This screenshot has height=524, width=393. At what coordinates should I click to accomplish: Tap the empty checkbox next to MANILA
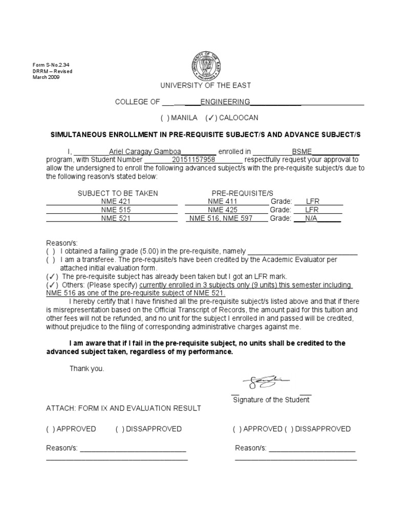[165, 118]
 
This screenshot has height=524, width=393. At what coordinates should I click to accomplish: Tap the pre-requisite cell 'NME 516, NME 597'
[221, 218]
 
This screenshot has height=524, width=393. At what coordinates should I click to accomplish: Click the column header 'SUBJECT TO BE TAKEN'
[118, 193]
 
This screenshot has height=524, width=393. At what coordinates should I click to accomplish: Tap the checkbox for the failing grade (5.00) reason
[50, 251]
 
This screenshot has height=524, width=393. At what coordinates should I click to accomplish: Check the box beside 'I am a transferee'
[50, 259]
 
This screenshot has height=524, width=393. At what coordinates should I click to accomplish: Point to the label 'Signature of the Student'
[271, 400]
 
